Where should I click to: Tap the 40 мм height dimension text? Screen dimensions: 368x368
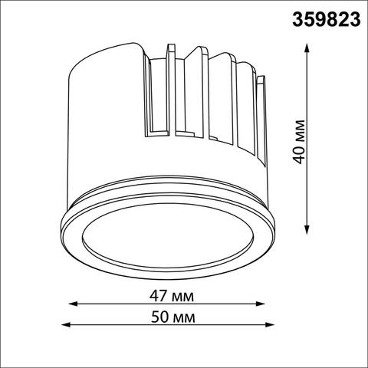click(x=300, y=140)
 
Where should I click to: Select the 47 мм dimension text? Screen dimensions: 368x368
click(x=172, y=296)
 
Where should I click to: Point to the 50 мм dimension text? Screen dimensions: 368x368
click(x=172, y=316)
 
